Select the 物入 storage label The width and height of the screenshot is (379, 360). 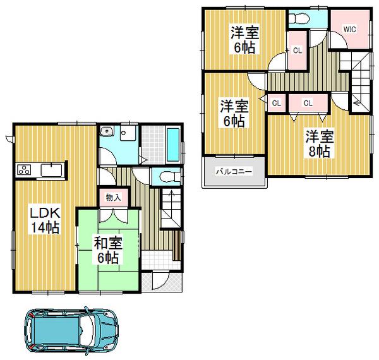114,198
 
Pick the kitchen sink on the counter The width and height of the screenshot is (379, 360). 51,169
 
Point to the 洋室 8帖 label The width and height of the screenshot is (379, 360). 318,143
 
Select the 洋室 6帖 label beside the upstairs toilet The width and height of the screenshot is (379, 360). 243,39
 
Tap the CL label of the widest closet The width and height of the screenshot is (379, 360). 308,102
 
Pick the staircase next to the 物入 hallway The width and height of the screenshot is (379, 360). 171,208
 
